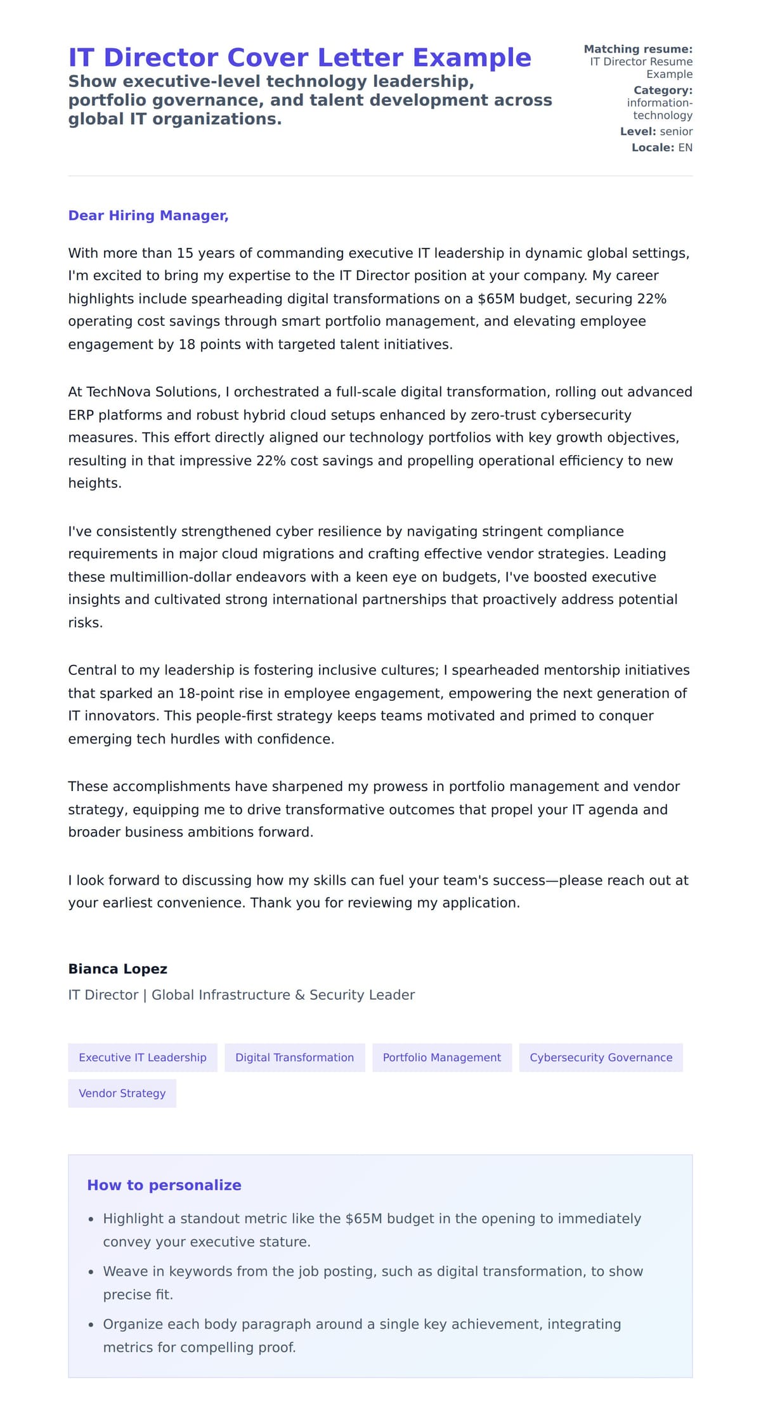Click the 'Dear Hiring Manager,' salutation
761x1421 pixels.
(x=148, y=215)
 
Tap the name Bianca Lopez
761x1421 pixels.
(x=117, y=968)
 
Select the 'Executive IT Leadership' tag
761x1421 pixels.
(x=143, y=1057)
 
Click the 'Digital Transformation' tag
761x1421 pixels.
(x=294, y=1057)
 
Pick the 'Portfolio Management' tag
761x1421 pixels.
(x=441, y=1057)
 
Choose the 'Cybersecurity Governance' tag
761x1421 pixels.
(x=601, y=1057)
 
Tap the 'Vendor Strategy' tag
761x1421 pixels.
(x=122, y=1093)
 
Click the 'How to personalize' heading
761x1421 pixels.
(x=164, y=1185)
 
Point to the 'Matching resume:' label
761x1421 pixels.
(x=637, y=49)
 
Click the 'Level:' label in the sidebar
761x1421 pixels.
(x=637, y=131)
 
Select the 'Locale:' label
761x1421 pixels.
(x=653, y=147)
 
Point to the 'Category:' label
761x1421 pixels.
(x=663, y=90)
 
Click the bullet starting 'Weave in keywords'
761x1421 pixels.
(x=372, y=1271)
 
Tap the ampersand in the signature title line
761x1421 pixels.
(x=300, y=994)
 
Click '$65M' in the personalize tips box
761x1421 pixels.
(x=364, y=1218)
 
